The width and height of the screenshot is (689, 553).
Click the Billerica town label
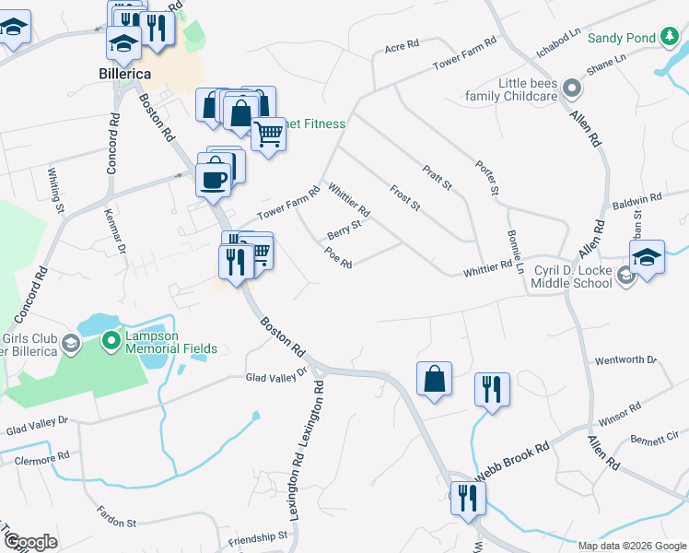[x=124, y=73]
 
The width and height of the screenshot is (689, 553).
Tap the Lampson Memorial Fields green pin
[x=111, y=341]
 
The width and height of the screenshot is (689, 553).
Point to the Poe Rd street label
[x=338, y=258]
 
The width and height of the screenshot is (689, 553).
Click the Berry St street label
[x=344, y=228]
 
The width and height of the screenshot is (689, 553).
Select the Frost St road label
[x=404, y=197]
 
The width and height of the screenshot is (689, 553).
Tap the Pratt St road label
[x=437, y=178]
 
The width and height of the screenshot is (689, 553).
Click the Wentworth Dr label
[x=626, y=359]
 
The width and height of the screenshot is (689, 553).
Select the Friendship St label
[x=258, y=537]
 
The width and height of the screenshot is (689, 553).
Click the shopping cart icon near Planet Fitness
[x=268, y=135]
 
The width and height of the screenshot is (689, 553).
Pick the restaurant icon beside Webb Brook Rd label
[x=469, y=499]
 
